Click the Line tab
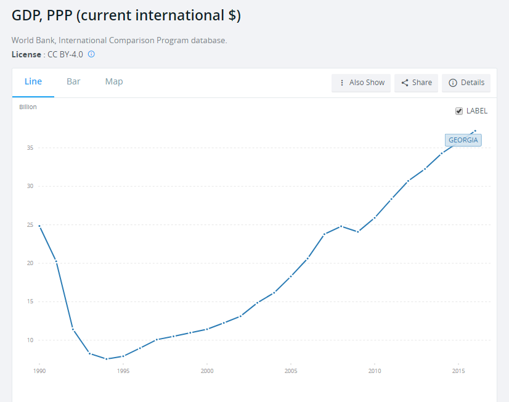click(x=33, y=81)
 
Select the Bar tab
click(x=73, y=81)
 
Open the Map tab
click(x=114, y=81)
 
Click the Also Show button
click(x=361, y=83)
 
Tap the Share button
click(x=416, y=83)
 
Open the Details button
click(x=466, y=83)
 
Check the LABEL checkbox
click(x=459, y=111)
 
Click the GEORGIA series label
click(x=463, y=140)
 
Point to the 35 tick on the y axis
click(x=30, y=148)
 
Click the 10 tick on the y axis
click(x=30, y=340)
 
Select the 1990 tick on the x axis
click(x=39, y=371)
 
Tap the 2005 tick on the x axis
click(x=291, y=371)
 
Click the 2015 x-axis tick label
click(x=458, y=371)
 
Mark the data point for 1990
click(x=39, y=226)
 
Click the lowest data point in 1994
click(x=107, y=359)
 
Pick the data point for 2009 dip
click(x=358, y=232)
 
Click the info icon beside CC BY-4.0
click(x=91, y=54)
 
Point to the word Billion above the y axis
click(x=28, y=107)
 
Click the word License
click(x=26, y=54)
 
